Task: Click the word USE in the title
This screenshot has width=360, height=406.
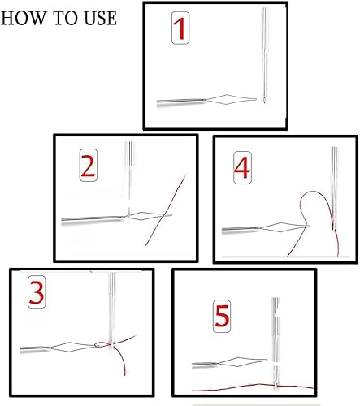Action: (101, 18)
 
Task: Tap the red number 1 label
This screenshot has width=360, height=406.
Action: (180, 28)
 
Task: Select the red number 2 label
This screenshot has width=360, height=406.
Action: (89, 165)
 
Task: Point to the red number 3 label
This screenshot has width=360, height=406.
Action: (37, 292)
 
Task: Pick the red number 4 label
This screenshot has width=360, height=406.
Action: (242, 168)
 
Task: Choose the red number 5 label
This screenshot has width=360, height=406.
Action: (222, 317)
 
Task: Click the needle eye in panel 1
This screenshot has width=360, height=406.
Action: (264, 100)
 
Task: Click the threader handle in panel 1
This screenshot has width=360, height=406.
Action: (181, 102)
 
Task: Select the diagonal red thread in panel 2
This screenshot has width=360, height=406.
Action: (166, 209)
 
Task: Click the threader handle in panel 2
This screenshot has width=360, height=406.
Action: (93, 220)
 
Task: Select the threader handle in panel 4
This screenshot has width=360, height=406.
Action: (241, 231)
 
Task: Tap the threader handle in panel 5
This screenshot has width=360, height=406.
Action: (204, 365)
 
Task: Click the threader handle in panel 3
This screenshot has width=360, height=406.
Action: (35, 349)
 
